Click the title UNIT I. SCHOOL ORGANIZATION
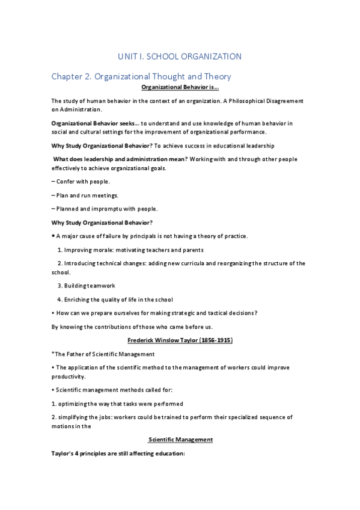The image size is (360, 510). (x=180, y=57)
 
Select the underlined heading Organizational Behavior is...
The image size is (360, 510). (x=180, y=88)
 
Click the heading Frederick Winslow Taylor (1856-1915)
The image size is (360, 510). (x=180, y=340)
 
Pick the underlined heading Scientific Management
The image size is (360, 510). (x=180, y=440)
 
